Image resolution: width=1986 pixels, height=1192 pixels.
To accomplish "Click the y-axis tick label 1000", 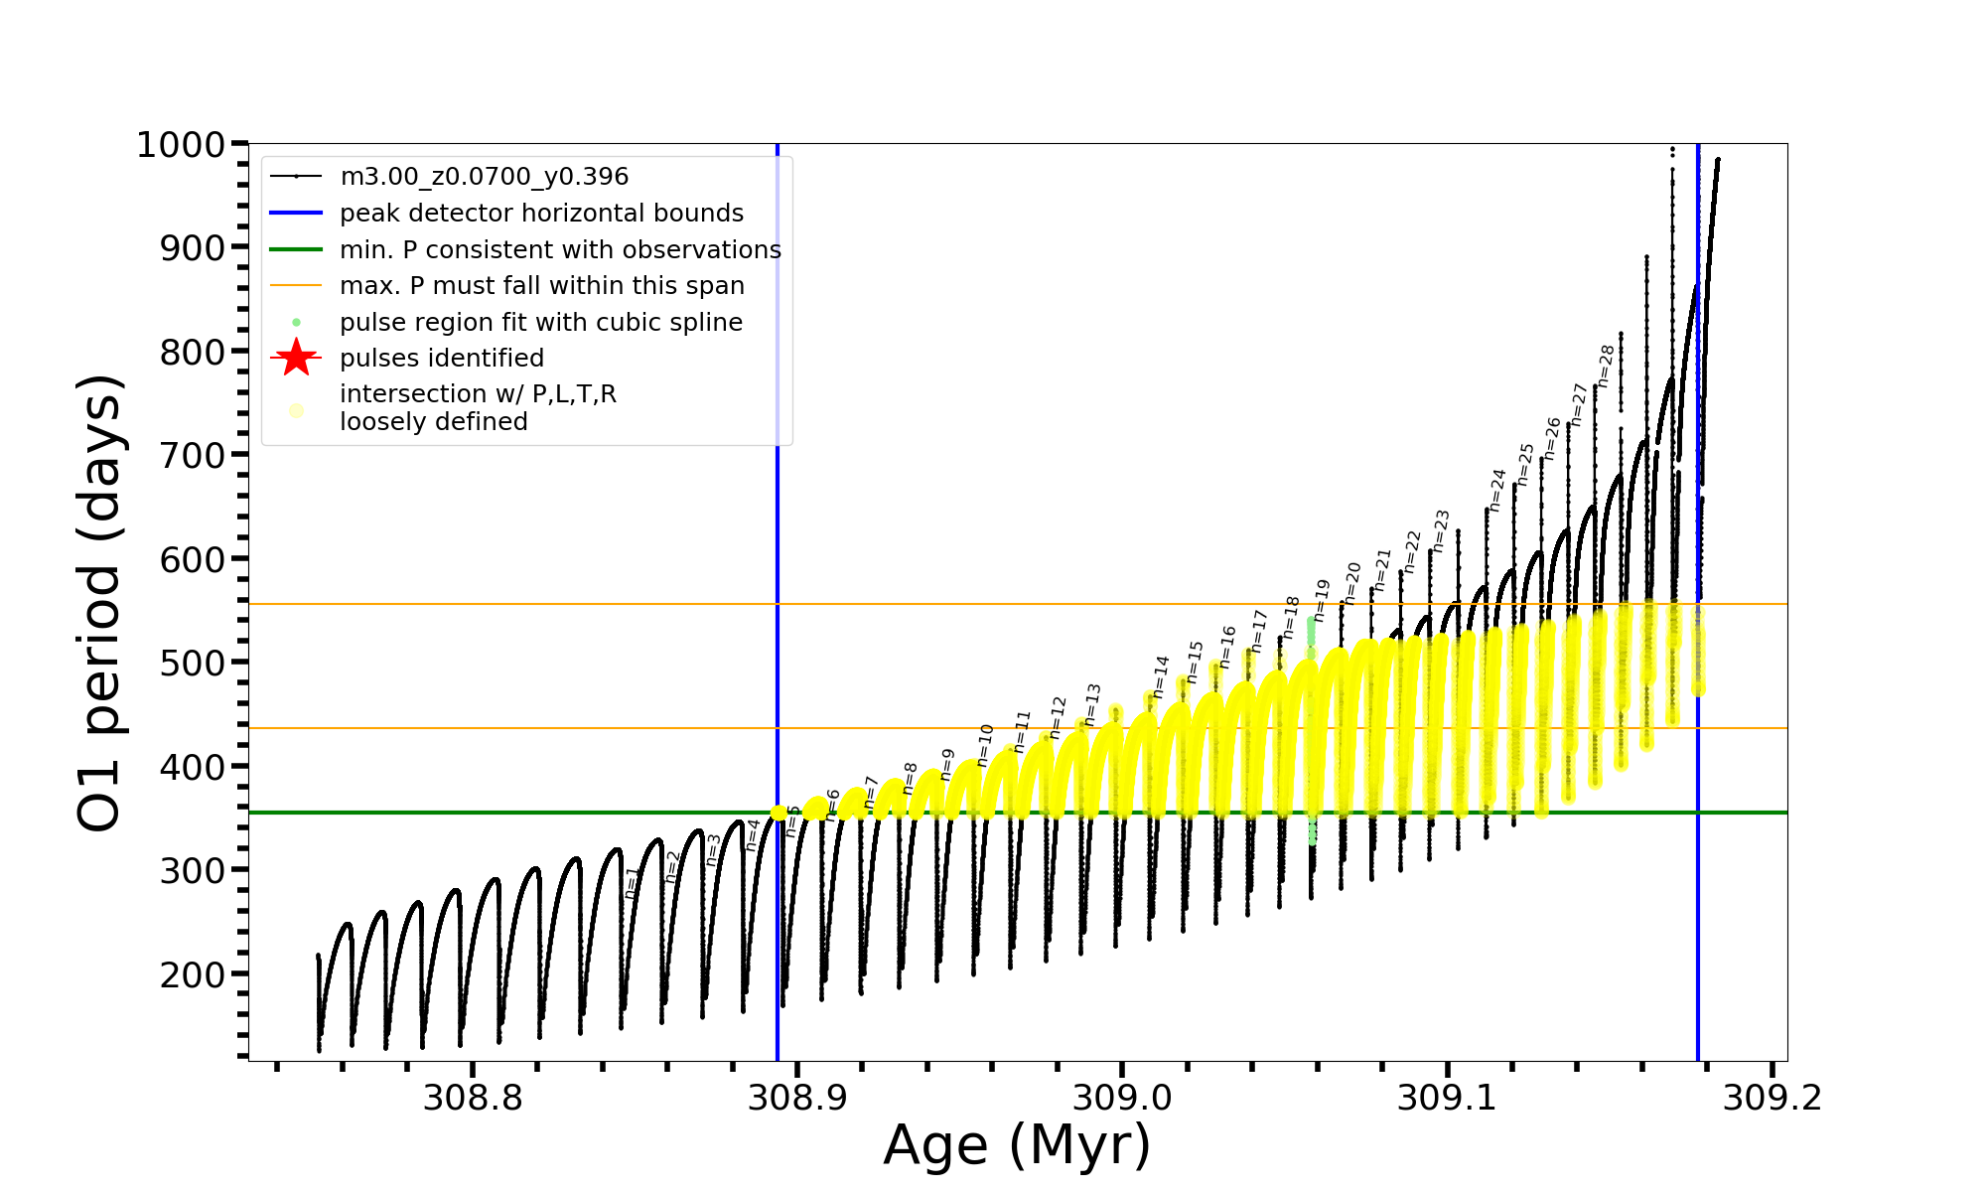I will pyautogui.click(x=181, y=145).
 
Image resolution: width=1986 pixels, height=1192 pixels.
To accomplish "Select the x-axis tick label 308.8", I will pyautogui.click(x=472, y=1098).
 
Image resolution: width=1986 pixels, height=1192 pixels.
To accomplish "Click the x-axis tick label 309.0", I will pyautogui.click(x=1122, y=1098).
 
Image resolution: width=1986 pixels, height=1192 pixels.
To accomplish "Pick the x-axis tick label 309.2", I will pyautogui.click(x=1772, y=1098).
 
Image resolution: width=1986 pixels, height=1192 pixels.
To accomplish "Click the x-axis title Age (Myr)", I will pyautogui.click(x=1017, y=1145).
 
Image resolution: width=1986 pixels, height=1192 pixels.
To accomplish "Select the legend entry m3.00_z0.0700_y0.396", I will pyautogui.click(x=484, y=177).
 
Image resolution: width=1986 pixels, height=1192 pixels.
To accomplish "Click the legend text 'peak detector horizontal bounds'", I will pyautogui.click(x=541, y=214).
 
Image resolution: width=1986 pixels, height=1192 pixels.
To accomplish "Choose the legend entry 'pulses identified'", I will pyautogui.click(x=442, y=359).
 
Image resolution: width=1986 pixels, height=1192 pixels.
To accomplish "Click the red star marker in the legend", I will pyautogui.click(x=296, y=359).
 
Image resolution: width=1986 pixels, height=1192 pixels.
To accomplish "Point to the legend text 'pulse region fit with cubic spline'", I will pyautogui.click(x=541, y=323).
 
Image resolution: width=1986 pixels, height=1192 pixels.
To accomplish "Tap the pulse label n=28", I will pyautogui.click(x=1606, y=366).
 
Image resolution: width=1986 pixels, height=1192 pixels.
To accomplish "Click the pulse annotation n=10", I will pyautogui.click(x=984, y=745).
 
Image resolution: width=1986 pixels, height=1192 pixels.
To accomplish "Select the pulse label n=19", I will pyautogui.click(x=1320, y=601).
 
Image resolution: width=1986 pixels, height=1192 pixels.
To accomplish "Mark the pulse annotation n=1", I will pyautogui.click(x=632, y=883).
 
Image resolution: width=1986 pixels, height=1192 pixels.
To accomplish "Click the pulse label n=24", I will pyautogui.click(x=1496, y=490).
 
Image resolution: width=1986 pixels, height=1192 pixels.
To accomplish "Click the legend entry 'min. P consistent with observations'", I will pyautogui.click(x=560, y=250).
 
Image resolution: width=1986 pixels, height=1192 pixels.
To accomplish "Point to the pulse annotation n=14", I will pyautogui.click(x=1161, y=676).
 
